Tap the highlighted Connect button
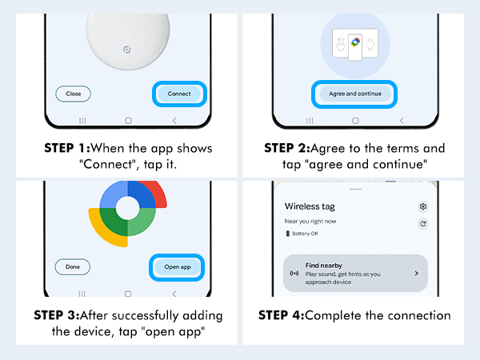coord(179,94)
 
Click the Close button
coord(73,94)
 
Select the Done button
coord(73,266)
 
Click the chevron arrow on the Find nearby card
coord(416,273)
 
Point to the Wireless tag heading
coord(310,206)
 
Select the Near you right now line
coord(312,220)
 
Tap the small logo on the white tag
coord(126,49)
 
